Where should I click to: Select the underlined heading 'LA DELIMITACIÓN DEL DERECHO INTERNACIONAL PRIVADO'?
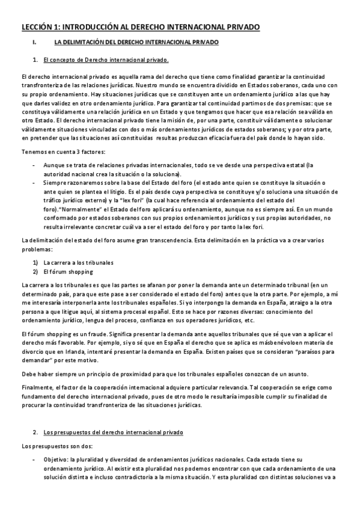tap(140, 43)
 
